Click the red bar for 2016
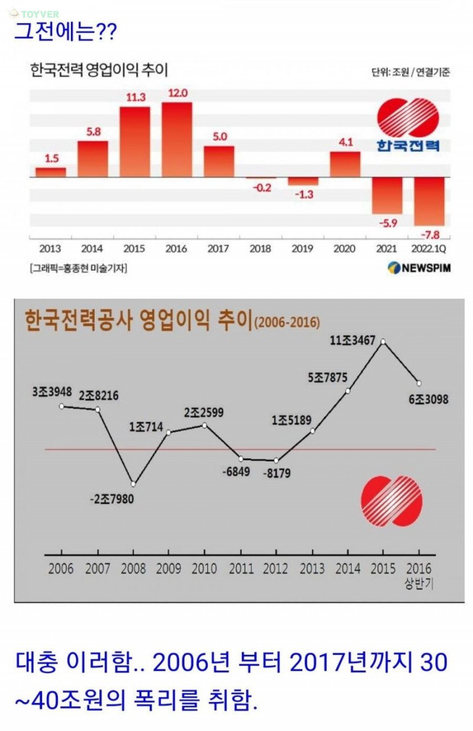(177, 140)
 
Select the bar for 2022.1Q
(429, 201)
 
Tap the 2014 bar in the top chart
(93, 159)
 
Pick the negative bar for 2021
(387, 195)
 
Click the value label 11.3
(135, 97)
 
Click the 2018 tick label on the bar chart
(261, 249)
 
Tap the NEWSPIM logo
(419, 268)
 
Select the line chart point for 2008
(134, 484)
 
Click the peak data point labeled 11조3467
(383, 341)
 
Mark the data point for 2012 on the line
(276, 461)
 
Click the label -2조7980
(112, 499)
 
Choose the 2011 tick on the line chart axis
(241, 569)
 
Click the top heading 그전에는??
(65, 31)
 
